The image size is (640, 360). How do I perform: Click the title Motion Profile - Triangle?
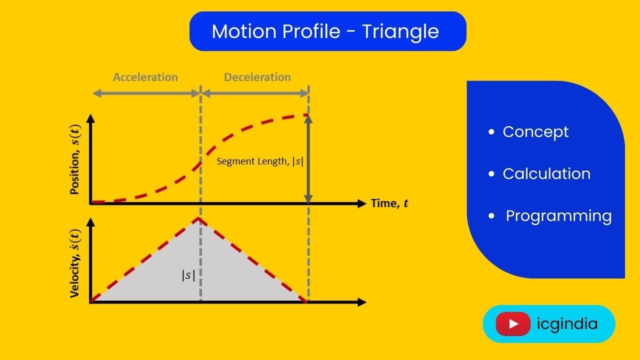[325, 31]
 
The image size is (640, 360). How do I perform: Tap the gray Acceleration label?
[145, 77]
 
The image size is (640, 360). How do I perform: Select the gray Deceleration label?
[257, 77]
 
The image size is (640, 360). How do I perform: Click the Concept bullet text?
[535, 132]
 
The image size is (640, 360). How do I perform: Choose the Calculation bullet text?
[546, 174]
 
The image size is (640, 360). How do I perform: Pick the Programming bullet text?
[558, 216]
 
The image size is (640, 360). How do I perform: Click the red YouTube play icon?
[513, 324]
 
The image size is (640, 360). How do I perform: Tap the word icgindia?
[567, 324]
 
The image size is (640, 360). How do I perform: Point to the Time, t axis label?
[389, 203]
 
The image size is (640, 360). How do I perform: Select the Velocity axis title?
[75, 263]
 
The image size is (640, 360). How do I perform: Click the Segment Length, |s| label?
[260, 161]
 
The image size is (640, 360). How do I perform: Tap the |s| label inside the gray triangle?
[188, 275]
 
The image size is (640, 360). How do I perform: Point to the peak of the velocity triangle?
[199, 218]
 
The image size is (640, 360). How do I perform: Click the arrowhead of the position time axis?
[362, 203]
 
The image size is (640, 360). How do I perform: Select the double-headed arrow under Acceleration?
[146, 93]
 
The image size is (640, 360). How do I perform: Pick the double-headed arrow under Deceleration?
[255, 93]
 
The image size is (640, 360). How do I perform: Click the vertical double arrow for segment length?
[308, 158]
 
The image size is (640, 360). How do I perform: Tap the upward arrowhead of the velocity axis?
[90, 222]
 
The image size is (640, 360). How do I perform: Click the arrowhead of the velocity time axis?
[362, 302]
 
